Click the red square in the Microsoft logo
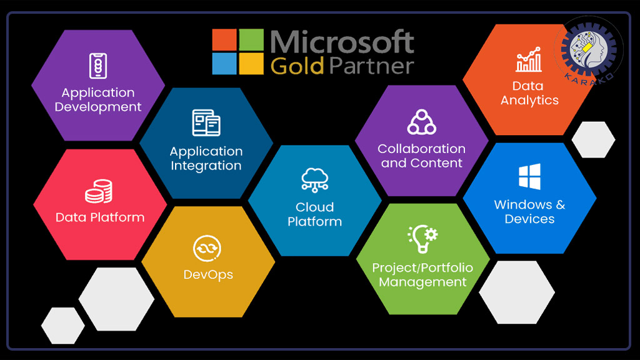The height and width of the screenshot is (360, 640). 224,39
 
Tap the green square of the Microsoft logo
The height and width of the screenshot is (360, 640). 251,39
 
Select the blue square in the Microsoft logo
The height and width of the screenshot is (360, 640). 224,64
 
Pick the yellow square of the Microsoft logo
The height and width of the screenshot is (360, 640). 251,64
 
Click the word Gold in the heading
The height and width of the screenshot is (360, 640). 297,66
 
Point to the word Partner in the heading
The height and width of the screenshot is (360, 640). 371,66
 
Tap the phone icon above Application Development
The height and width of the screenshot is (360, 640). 98,66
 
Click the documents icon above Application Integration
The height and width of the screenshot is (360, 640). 206,122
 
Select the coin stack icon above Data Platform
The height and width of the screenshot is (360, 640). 99,191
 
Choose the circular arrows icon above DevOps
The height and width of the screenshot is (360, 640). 207,248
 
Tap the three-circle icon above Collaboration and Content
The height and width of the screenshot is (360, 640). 422,122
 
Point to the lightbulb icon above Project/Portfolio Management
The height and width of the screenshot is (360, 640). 422,238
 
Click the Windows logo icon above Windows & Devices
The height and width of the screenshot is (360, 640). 530,177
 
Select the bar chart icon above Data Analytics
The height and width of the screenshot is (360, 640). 529,59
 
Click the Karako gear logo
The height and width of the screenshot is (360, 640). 589,50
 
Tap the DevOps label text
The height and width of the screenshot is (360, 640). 208,275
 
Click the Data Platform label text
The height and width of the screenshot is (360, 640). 100,217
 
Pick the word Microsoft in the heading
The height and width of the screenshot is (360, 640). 342,42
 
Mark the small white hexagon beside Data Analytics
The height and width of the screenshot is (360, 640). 594,139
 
